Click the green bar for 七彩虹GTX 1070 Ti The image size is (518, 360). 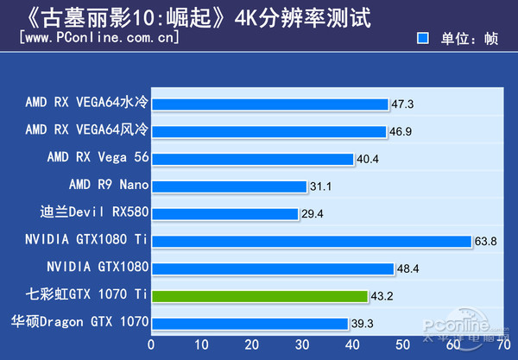click(x=260, y=295)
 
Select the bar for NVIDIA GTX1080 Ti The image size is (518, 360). click(x=312, y=241)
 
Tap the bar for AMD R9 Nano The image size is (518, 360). click(x=229, y=186)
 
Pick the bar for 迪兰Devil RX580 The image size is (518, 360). click(x=224, y=213)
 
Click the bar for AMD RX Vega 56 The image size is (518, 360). click(x=252, y=159)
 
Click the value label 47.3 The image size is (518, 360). click(x=403, y=104)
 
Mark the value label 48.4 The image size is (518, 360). click(x=408, y=268)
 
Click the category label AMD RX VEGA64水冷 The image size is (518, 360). click(x=87, y=104)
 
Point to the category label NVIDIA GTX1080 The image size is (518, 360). click(x=98, y=268)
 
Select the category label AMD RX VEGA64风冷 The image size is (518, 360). click(x=87, y=131)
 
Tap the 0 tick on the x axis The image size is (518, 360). click(x=151, y=345)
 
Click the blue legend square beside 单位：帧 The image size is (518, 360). click(x=423, y=38)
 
